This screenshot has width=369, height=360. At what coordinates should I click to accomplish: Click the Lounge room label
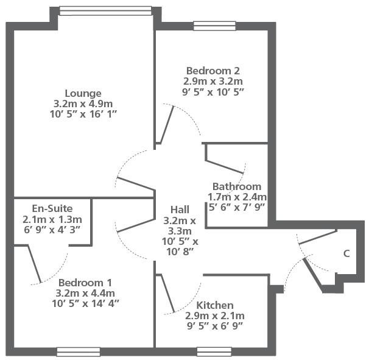tap(83, 93)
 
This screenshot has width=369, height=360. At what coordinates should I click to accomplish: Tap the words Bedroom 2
tap(213, 71)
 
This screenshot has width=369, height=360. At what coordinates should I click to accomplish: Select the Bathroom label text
tap(237, 186)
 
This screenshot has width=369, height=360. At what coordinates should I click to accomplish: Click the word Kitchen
tap(215, 305)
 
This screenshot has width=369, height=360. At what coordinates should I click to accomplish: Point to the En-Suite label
tap(52, 208)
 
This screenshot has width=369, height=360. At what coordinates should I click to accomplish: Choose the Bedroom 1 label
tap(85, 283)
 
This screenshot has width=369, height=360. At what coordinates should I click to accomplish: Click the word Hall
tap(180, 210)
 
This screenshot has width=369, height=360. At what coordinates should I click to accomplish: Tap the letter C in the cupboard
tap(346, 253)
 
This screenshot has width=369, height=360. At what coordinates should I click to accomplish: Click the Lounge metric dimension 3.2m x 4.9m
tap(83, 104)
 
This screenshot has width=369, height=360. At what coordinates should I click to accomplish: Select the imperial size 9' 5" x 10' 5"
tap(213, 91)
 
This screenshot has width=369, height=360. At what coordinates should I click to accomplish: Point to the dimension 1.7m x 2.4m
tap(237, 197)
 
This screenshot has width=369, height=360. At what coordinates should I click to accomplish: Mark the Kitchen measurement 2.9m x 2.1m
tap(215, 316)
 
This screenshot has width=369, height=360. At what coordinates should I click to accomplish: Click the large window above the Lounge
tap(105, 11)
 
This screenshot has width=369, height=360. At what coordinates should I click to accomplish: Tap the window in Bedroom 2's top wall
tap(214, 26)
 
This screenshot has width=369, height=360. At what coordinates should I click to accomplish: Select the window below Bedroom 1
tap(79, 352)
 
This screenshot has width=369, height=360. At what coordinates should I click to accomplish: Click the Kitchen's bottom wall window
tap(214, 351)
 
